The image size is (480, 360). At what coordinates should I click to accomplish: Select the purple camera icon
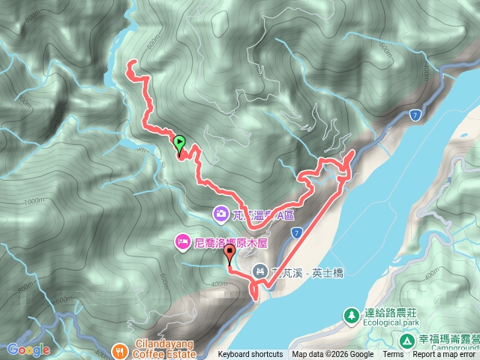click(x=221, y=214)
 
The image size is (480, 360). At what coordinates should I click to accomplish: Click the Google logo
click(x=28, y=349)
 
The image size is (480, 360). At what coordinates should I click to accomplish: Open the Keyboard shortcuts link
click(x=250, y=355)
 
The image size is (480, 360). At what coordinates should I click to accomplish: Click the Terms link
click(x=393, y=355)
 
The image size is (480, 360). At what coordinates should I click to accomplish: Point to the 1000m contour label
click(x=34, y=201)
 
